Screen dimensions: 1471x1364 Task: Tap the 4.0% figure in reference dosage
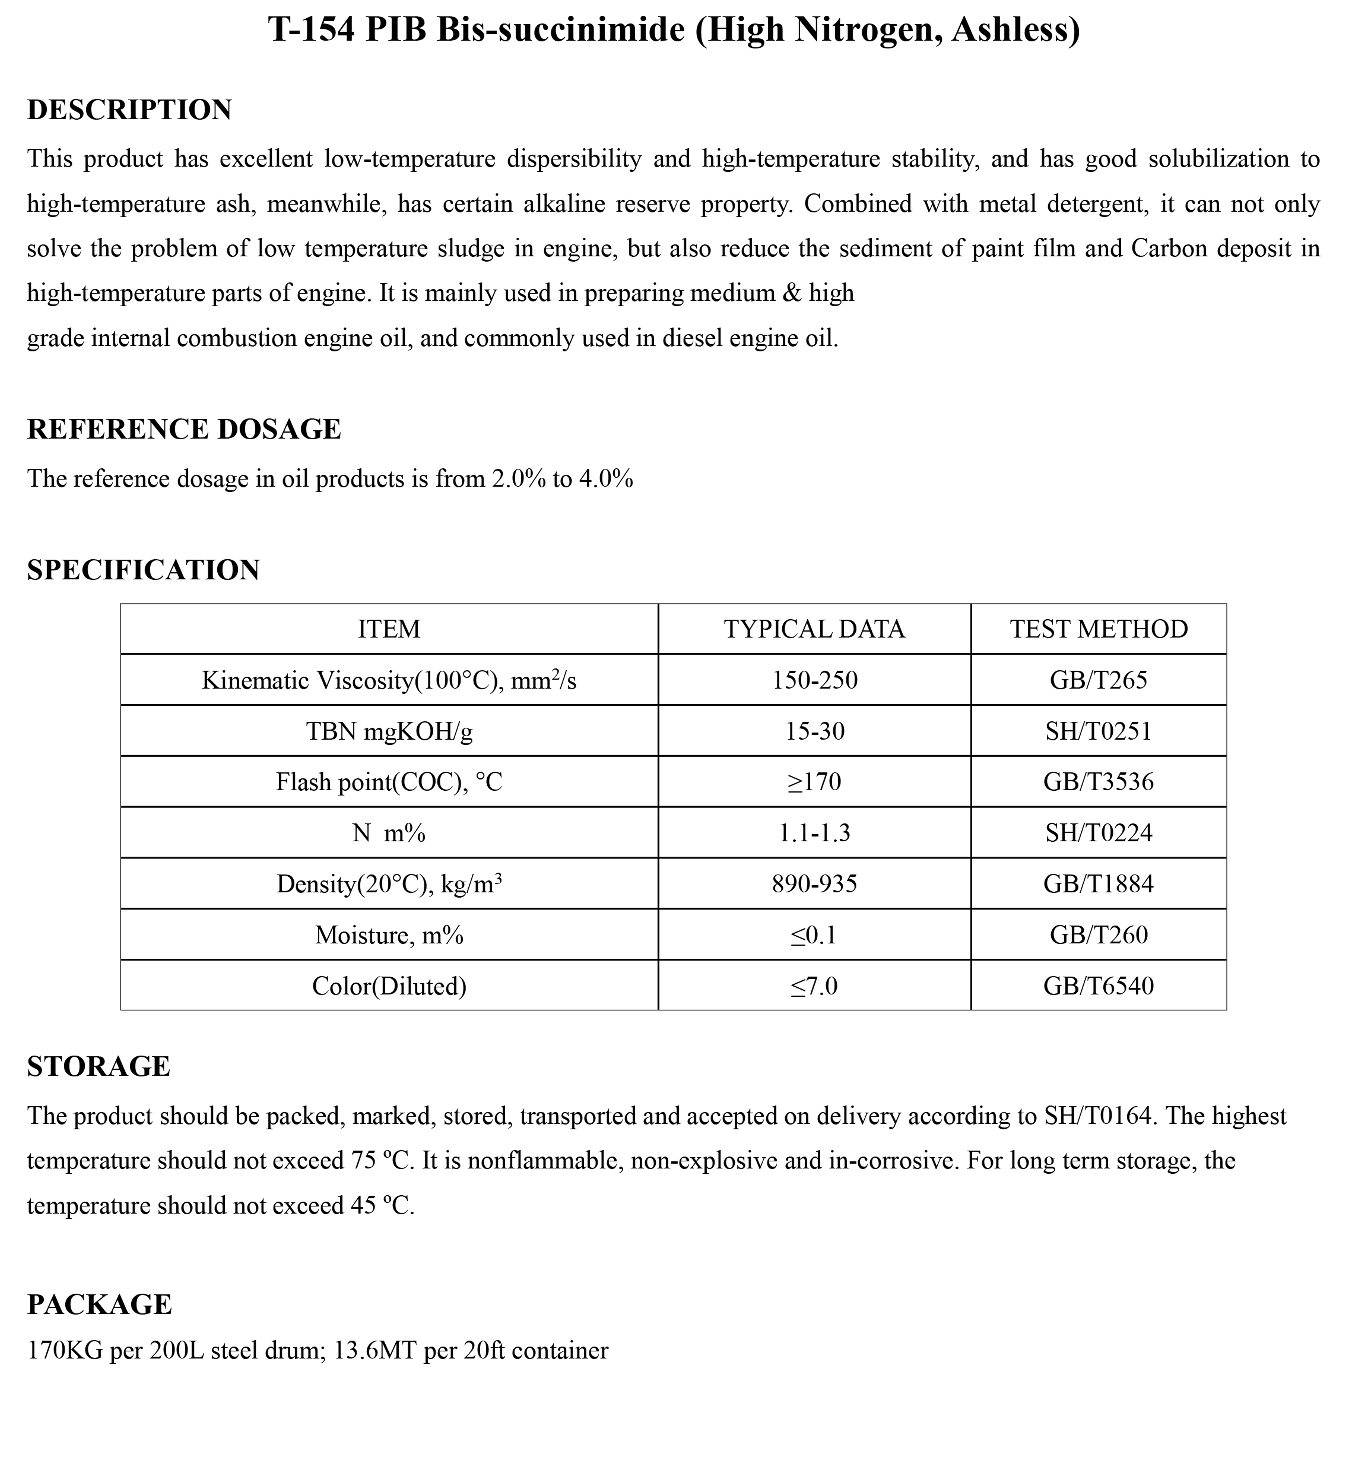tap(605, 479)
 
